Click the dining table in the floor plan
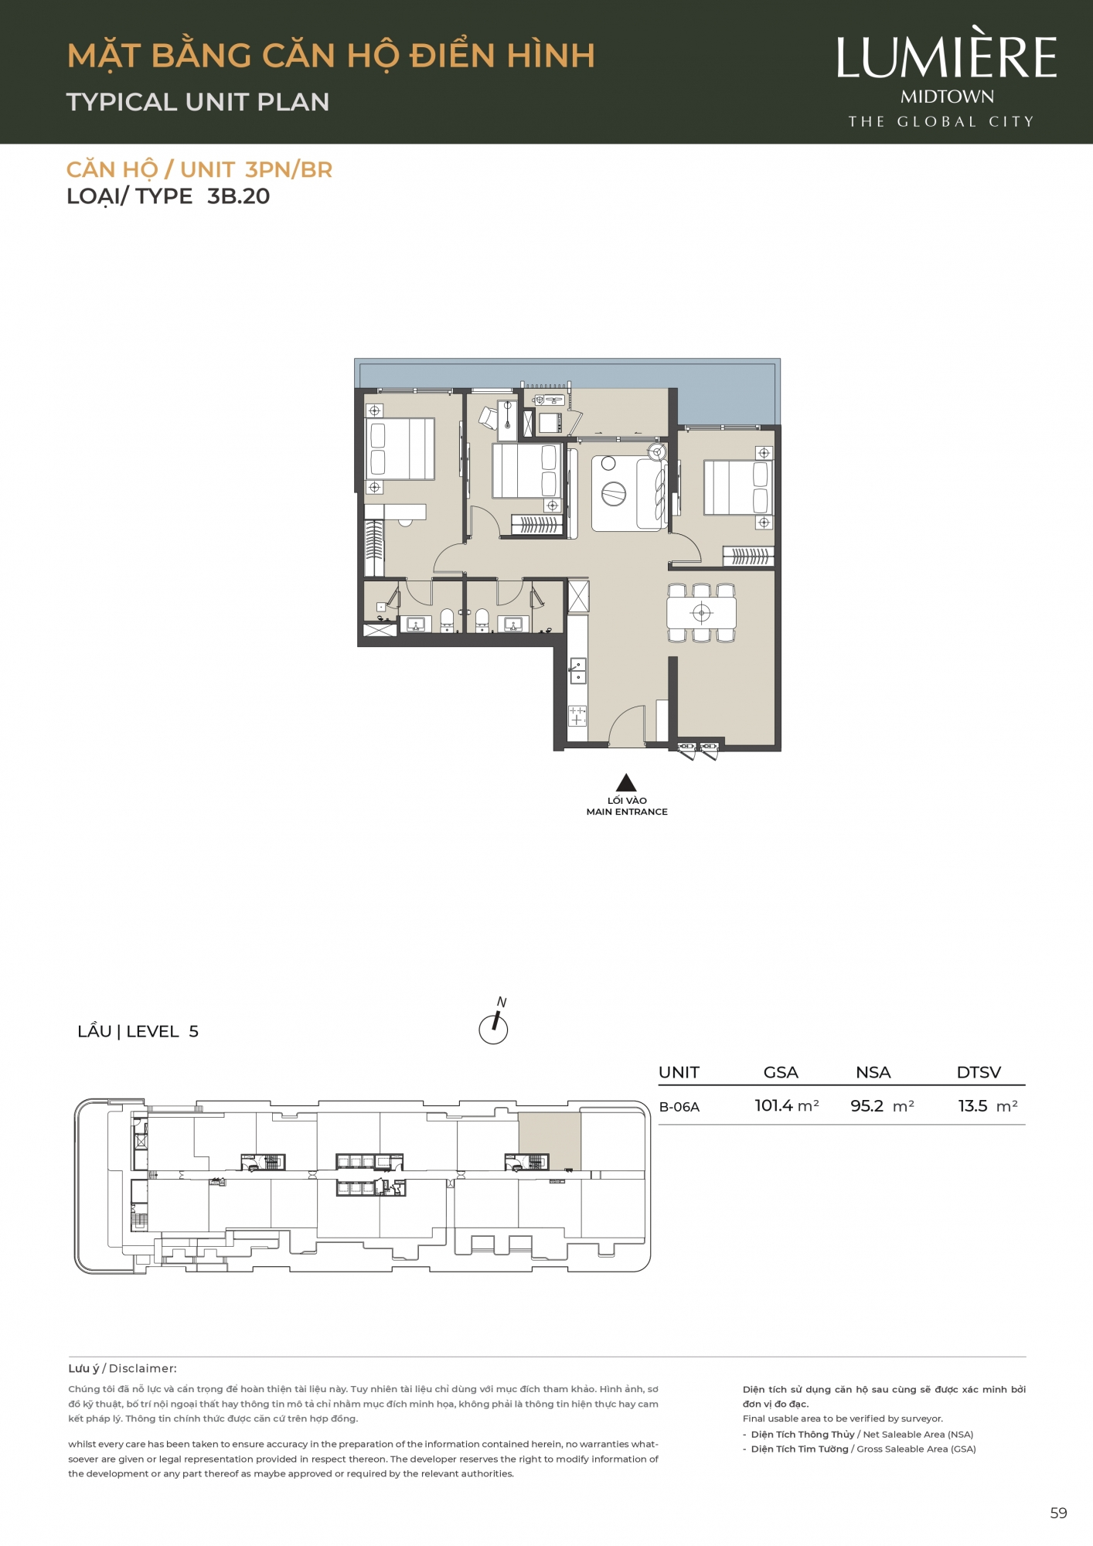701,613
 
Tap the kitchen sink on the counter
578,670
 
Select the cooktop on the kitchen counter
577,716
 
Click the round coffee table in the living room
614,492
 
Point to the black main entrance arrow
626,782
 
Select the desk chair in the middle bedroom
489,418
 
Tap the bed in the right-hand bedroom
737,487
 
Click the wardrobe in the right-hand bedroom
747,556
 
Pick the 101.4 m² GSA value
787,1106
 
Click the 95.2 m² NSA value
882,1106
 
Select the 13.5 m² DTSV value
988,1106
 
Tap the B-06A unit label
679,1107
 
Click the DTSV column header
979,1072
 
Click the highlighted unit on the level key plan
550,1141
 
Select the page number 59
1058,1514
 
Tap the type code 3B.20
238,196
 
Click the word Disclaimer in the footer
143,1368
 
